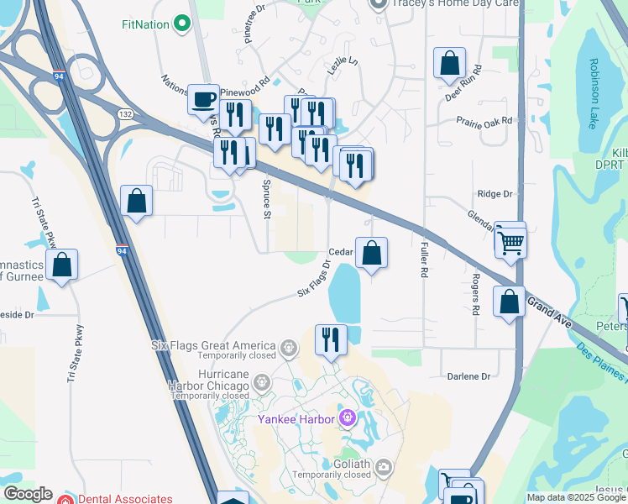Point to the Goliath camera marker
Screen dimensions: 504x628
(x=384, y=465)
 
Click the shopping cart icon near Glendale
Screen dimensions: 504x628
(x=510, y=242)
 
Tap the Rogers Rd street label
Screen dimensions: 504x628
(x=474, y=294)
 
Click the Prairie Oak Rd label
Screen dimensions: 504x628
(x=484, y=123)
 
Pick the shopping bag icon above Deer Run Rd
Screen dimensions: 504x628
(x=449, y=63)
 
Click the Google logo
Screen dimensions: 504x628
(x=27, y=494)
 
